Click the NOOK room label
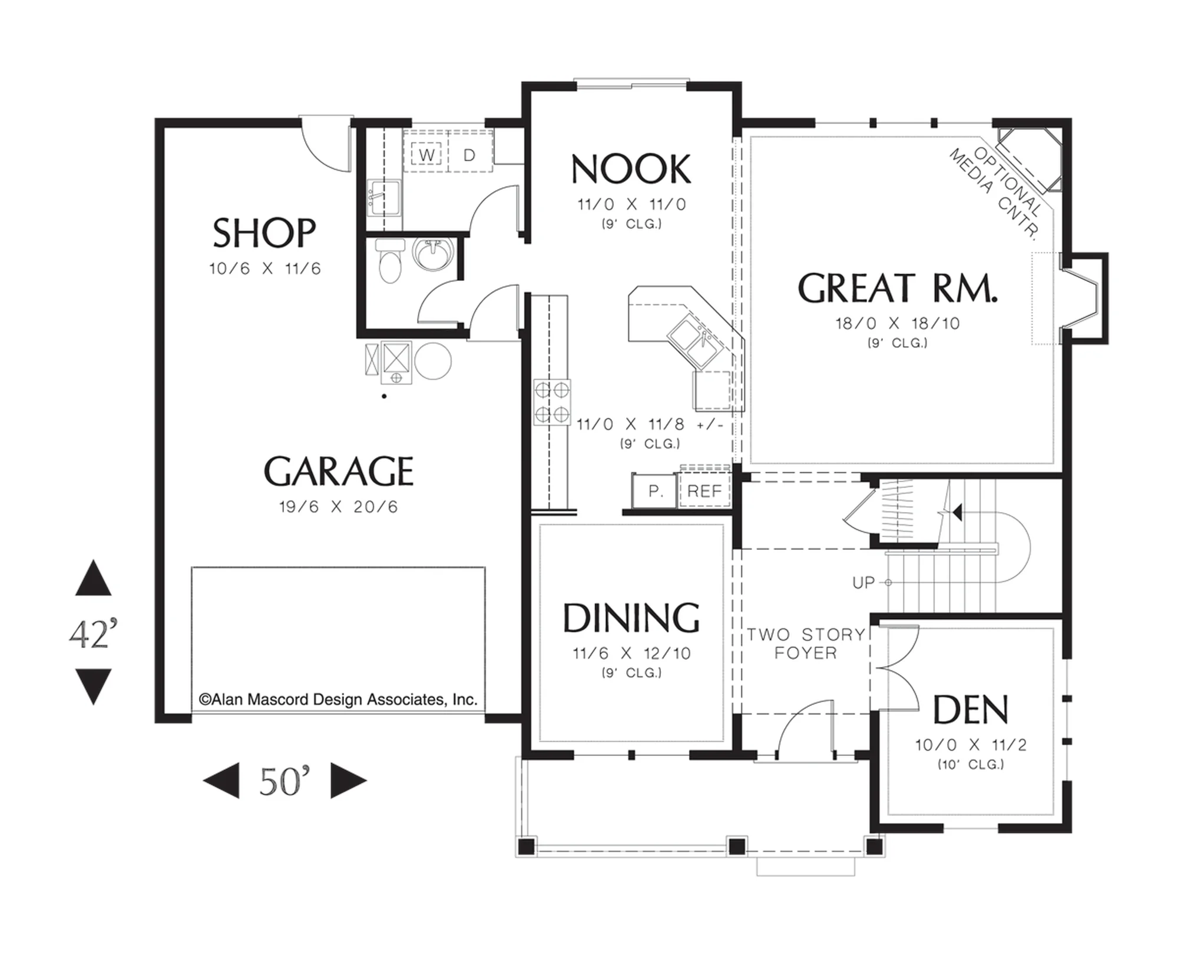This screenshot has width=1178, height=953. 631,170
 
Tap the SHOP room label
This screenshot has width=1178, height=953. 264,233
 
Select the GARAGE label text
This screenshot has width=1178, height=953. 339,471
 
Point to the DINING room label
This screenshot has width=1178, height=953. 631,618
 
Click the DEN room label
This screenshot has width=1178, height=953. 970,710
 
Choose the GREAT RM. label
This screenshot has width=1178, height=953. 898,288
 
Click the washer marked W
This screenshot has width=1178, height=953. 426,155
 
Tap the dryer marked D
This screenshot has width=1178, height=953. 470,155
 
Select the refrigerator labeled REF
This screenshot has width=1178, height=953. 704,490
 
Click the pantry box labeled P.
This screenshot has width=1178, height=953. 654,490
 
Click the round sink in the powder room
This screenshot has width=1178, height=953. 434,254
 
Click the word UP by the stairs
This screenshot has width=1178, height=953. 863,583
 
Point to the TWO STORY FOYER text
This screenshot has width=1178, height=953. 806,643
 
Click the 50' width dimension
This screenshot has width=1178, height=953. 284,781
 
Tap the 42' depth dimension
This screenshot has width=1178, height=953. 93,633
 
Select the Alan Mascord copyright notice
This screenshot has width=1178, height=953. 338,699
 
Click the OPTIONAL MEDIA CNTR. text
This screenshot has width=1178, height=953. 995,192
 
